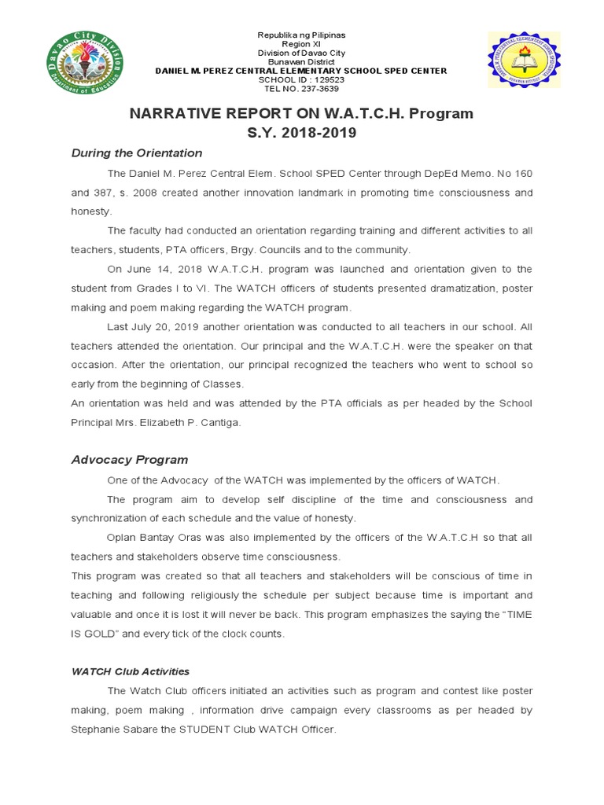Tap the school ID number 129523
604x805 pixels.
319,79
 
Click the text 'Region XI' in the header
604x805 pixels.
302,45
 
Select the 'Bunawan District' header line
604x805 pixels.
302,62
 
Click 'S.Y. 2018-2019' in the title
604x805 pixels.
302,133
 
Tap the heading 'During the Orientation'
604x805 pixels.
137,153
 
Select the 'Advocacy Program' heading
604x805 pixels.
130,460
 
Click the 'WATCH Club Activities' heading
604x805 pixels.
131,671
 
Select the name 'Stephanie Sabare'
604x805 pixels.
113,729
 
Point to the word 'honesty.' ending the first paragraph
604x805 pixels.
92,211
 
